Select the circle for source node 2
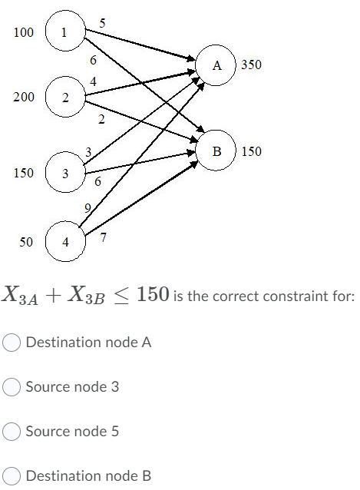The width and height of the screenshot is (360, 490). click(x=66, y=98)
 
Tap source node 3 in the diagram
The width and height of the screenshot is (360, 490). click(x=66, y=173)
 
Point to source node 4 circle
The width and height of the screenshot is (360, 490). click(x=66, y=242)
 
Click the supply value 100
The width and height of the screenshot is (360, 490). click(x=25, y=32)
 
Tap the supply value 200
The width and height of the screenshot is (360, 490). click(x=23, y=98)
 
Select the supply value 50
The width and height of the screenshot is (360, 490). click(x=26, y=242)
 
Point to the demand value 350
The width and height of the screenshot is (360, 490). click(x=251, y=66)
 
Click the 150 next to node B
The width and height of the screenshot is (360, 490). click(x=251, y=151)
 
